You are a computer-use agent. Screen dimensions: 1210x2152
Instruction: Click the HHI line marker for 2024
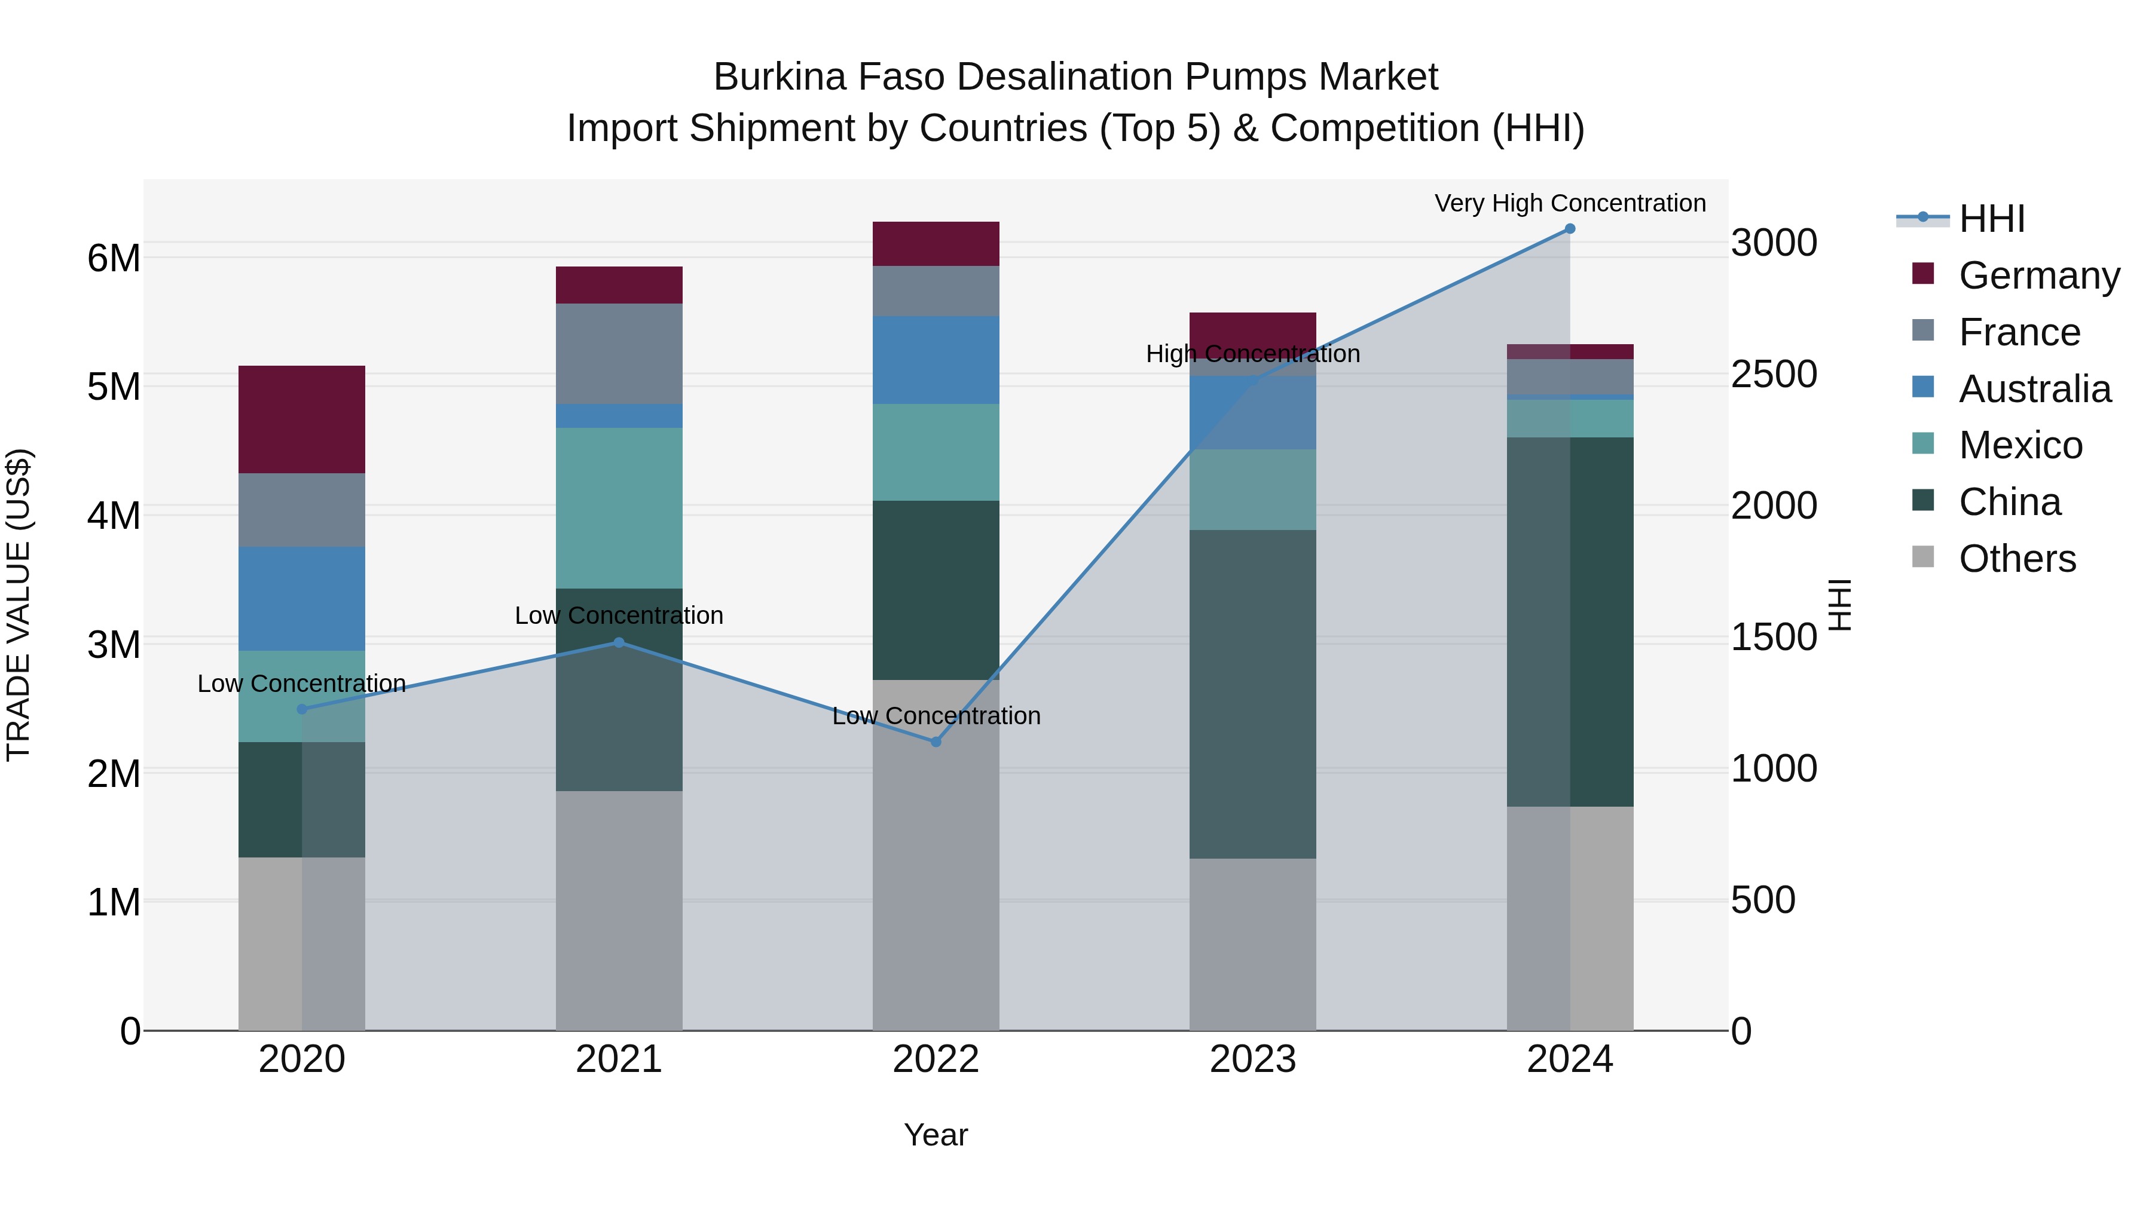1570,229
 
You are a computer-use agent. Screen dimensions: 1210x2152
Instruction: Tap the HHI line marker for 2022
936,742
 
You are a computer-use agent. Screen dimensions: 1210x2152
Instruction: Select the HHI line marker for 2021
619,642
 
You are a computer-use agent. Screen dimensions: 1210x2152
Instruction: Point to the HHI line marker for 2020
302,709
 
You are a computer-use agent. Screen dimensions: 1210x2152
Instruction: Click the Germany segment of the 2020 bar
302,419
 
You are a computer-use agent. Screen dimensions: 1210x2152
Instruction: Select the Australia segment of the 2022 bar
936,360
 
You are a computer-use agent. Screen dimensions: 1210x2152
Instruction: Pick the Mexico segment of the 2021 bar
619,508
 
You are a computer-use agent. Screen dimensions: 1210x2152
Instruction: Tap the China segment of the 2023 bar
1252,694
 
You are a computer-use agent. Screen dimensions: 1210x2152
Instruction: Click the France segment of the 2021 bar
619,353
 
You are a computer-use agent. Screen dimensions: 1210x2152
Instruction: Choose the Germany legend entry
2038,275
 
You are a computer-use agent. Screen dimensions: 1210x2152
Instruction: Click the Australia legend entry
2034,389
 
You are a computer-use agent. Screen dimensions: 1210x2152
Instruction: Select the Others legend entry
2017,559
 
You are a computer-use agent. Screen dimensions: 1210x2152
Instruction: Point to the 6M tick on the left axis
114,258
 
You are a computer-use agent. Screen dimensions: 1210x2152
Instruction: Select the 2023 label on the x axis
1252,1059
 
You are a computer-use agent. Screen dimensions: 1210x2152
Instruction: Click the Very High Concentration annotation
1570,203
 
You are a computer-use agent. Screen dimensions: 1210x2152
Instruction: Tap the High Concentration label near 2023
1252,354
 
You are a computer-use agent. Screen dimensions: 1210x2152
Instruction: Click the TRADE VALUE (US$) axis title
19,605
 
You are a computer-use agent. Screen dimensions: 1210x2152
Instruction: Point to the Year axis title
936,1135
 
